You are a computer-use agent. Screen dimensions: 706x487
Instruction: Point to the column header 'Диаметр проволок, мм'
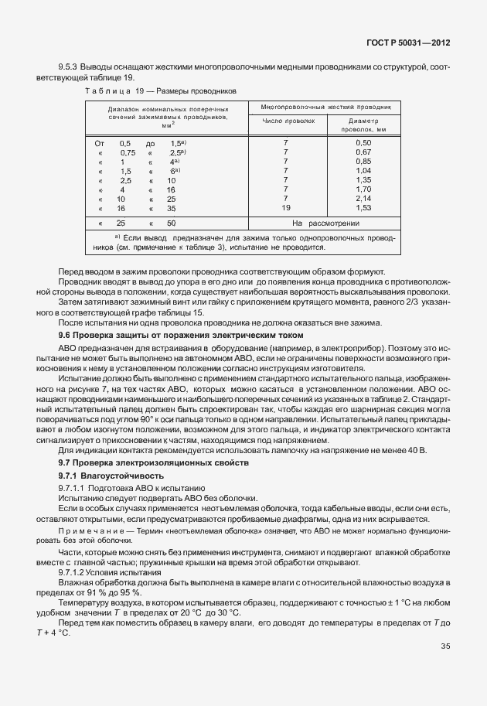click(x=363, y=125)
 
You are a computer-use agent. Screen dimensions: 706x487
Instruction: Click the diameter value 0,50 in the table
click(x=363, y=143)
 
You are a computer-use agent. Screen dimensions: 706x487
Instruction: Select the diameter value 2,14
click(x=363, y=199)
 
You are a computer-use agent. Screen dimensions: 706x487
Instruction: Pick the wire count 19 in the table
click(x=286, y=208)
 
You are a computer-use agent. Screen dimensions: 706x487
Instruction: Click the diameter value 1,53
click(x=363, y=208)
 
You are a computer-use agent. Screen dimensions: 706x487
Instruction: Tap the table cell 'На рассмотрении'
click(x=324, y=223)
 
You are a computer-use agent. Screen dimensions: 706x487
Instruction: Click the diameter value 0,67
click(x=363, y=152)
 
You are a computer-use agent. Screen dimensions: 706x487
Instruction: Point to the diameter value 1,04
click(x=363, y=171)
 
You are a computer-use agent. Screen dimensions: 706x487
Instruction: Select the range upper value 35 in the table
click(x=171, y=208)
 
